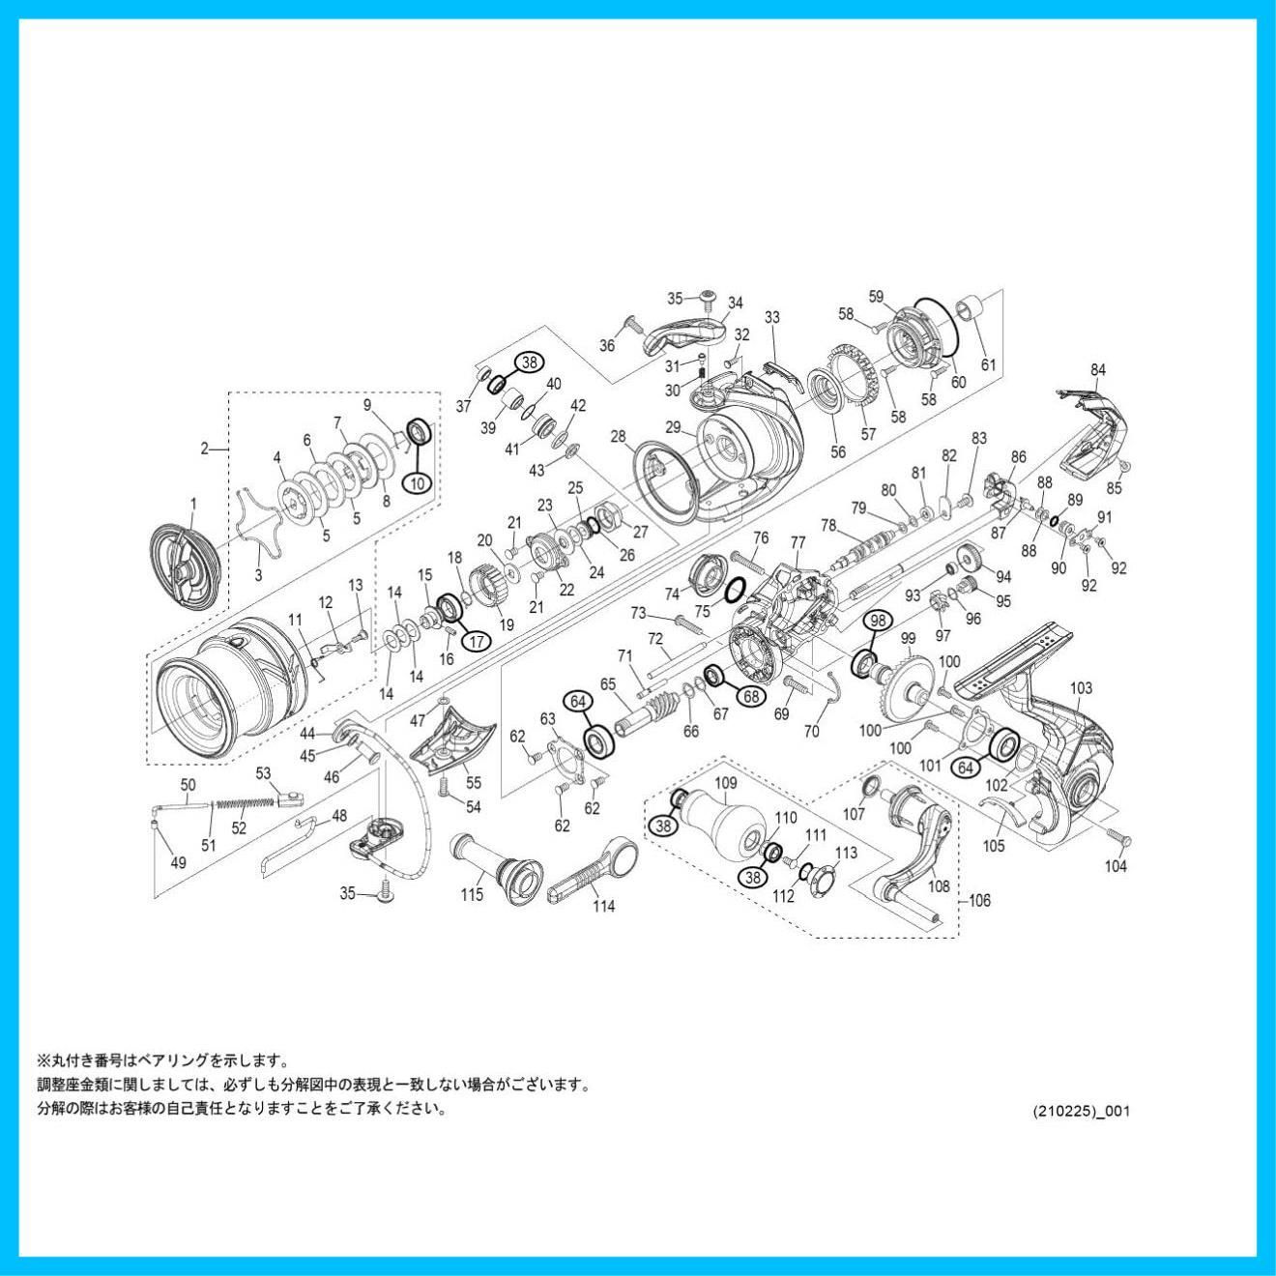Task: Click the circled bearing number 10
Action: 418,483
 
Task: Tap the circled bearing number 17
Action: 477,640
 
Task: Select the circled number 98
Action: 878,620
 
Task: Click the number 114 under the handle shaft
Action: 604,906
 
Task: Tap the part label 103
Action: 1081,688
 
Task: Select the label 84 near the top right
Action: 1098,369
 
